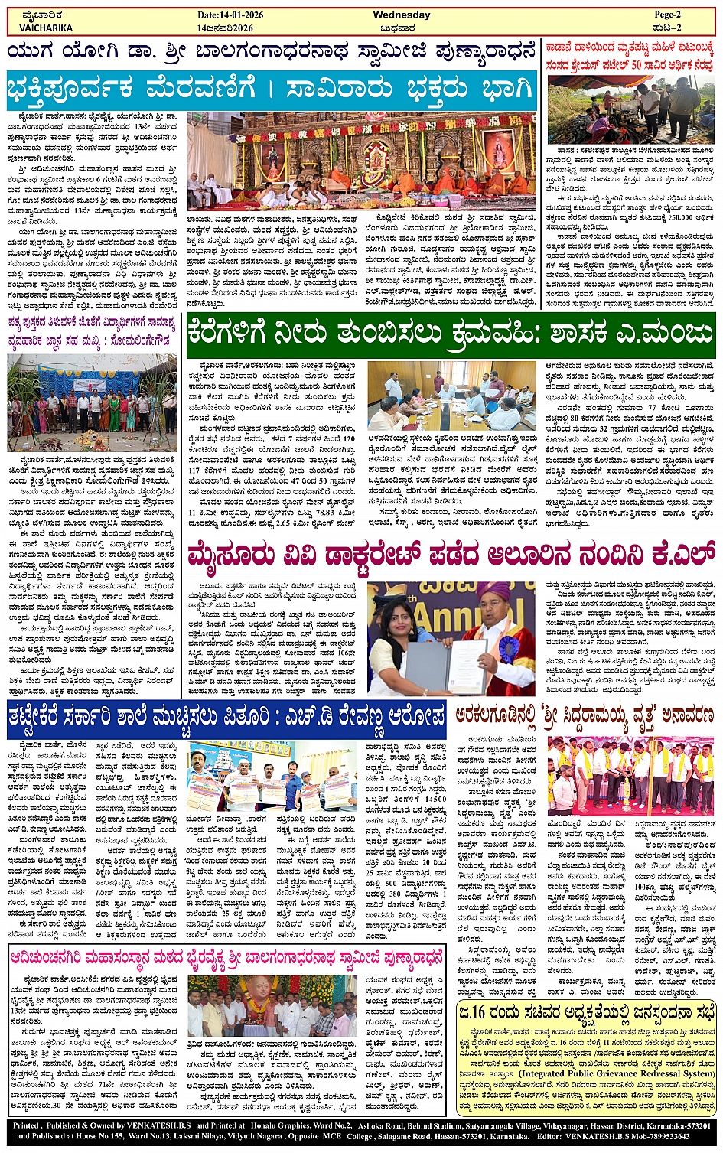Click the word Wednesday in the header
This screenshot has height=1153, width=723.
point(401,15)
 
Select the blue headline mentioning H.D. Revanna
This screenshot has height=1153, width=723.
point(226,718)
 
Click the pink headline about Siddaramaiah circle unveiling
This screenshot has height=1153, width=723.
point(584,715)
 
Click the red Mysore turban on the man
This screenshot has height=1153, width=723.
point(493,594)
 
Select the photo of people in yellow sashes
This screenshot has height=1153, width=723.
point(631,777)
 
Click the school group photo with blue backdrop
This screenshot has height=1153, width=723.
point(92,403)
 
